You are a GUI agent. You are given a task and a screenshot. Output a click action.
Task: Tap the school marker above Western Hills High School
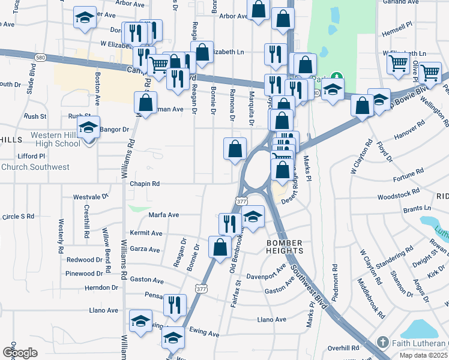89,129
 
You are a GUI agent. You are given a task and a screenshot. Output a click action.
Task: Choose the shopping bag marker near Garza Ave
220,247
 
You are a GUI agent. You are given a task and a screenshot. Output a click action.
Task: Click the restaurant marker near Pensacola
173,304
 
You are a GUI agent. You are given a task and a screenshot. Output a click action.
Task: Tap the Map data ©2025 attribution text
424,355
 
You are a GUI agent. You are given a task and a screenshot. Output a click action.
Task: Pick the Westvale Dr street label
91,197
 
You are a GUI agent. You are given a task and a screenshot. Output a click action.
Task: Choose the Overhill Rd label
343,348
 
